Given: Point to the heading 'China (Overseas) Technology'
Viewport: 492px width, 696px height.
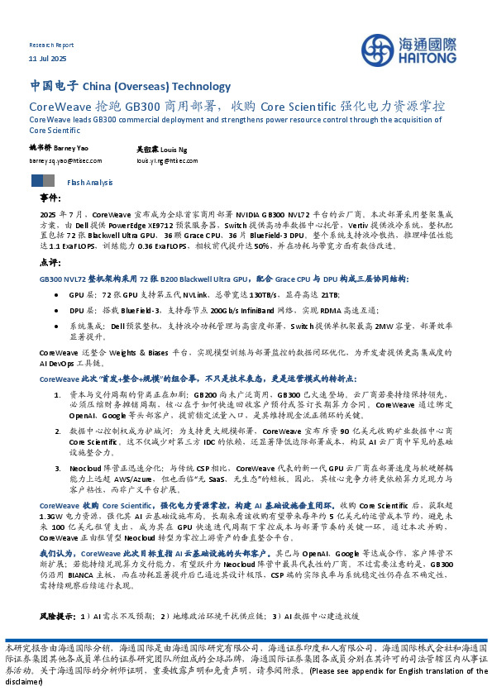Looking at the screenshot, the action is (x=157, y=87).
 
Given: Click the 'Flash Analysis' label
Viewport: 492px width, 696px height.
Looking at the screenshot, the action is (x=84, y=182).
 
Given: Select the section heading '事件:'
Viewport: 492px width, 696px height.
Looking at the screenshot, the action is (x=50, y=199).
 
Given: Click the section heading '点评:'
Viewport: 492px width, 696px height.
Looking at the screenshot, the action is (x=50, y=261).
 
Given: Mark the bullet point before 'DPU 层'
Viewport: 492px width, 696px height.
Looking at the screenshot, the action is (x=55, y=310).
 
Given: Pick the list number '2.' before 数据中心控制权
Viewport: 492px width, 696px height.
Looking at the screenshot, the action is (x=57, y=431).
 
